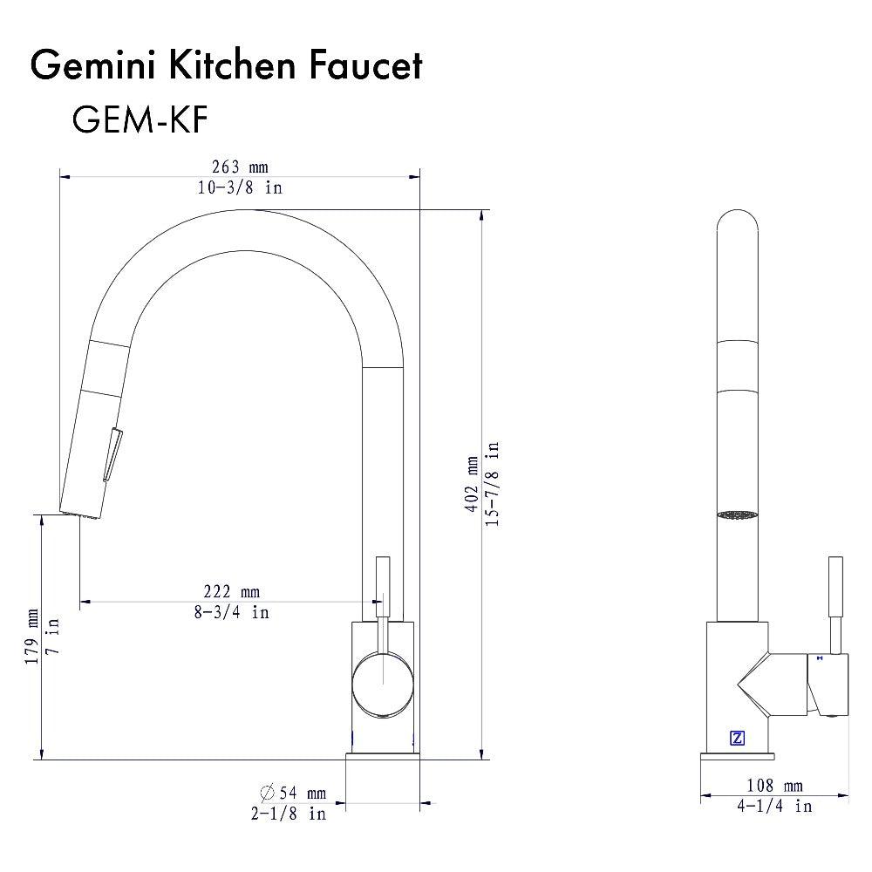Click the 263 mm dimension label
[240, 167]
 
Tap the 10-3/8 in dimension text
[240, 187]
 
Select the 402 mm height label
[472, 484]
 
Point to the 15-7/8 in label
[493, 484]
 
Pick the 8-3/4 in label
[231, 612]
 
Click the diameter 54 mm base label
[292, 793]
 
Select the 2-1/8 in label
[289, 813]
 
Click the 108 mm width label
[775, 787]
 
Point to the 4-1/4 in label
[775, 806]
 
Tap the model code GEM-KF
[140, 120]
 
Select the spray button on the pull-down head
[112, 453]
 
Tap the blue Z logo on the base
[737, 738]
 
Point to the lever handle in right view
[835, 602]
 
